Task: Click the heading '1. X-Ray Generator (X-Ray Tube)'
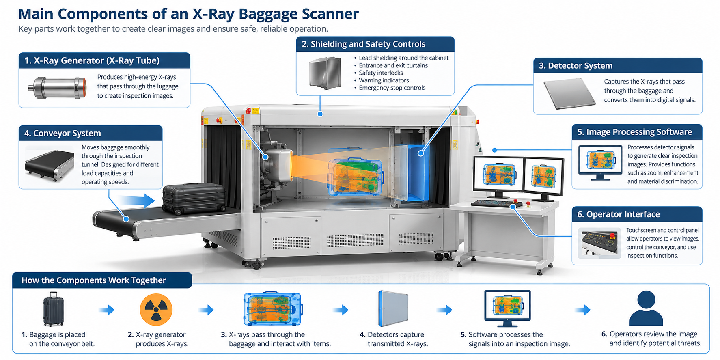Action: pos(92,60)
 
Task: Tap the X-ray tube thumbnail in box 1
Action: pos(57,88)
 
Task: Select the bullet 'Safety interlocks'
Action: pos(381,73)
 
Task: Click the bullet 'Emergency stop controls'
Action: pos(392,88)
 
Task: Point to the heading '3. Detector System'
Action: pos(576,66)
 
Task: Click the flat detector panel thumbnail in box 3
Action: pos(569,94)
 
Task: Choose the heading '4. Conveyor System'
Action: pos(63,133)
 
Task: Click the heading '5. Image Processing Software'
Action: pos(634,132)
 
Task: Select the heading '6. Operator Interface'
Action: pos(619,214)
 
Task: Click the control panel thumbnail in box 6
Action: pos(599,243)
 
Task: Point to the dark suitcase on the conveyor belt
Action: pos(194,199)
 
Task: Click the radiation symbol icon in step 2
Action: pos(156,310)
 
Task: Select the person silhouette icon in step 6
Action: pos(646,308)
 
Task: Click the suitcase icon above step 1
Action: pos(54,309)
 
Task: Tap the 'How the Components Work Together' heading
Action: pos(94,280)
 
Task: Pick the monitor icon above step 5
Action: pos(507,308)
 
